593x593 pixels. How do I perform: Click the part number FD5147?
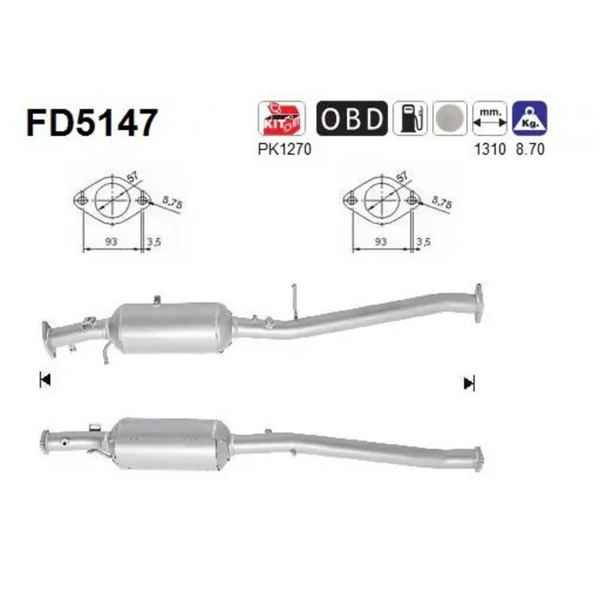91,122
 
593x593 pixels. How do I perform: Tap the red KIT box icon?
282,118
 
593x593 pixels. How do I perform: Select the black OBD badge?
352,118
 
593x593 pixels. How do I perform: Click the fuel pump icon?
410,118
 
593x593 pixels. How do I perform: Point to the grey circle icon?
450,118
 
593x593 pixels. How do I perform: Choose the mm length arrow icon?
489,118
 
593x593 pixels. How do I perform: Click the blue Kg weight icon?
530,118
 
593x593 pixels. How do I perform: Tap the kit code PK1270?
284,149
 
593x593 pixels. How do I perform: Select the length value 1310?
490,149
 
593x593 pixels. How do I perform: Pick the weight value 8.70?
530,149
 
